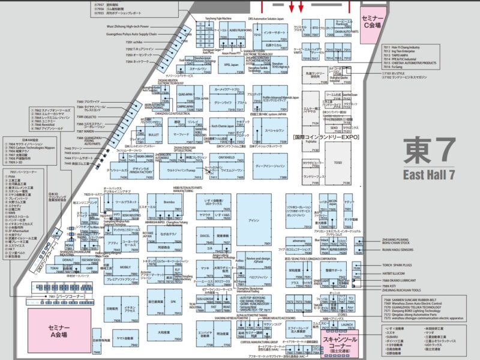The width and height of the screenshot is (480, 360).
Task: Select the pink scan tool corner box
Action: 340,344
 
